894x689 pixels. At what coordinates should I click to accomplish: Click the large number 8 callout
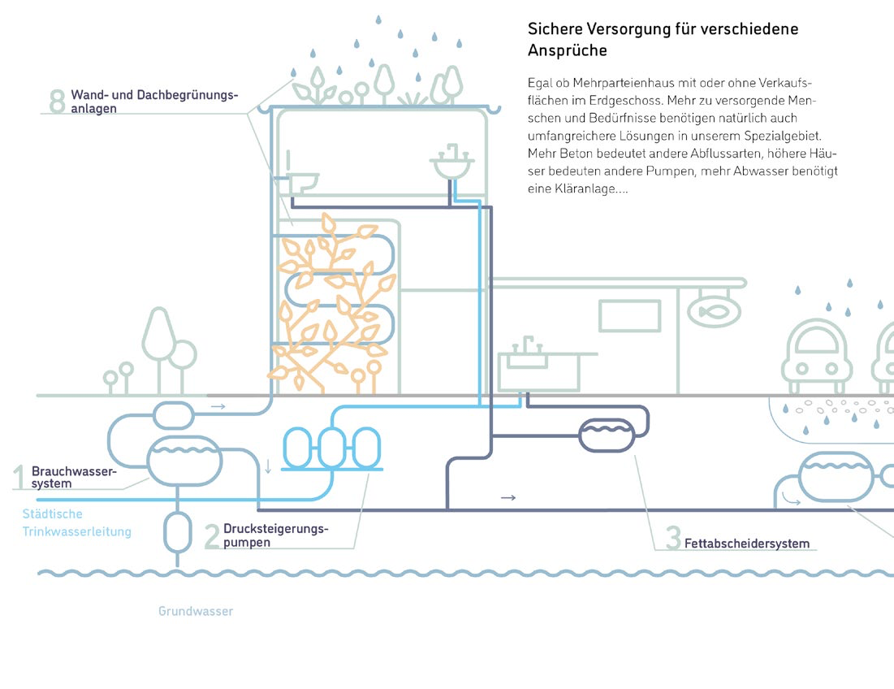pyautogui.click(x=57, y=102)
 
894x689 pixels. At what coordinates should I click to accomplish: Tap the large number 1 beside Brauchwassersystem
pyautogui.click(x=19, y=477)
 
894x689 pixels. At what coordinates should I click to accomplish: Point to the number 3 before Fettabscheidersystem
pyautogui.click(x=673, y=539)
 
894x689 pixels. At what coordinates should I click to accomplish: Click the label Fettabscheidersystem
pyautogui.click(x=747, y=544)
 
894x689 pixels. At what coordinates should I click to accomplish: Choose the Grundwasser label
pyautogui.click(x=196, y=611)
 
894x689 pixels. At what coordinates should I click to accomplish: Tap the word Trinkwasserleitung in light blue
pyautogui.click(x=77, y=532)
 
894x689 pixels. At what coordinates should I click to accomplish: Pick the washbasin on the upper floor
pyautogui.click(x=451, y=166)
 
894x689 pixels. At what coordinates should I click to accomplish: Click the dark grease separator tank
pyautogui.click(x=607, y=435)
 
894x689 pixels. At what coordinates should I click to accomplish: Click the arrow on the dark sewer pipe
pyautogui.click(x=508, y=497)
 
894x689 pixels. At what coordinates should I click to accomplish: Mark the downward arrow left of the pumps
pyautogui.click(x=268, y=466)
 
